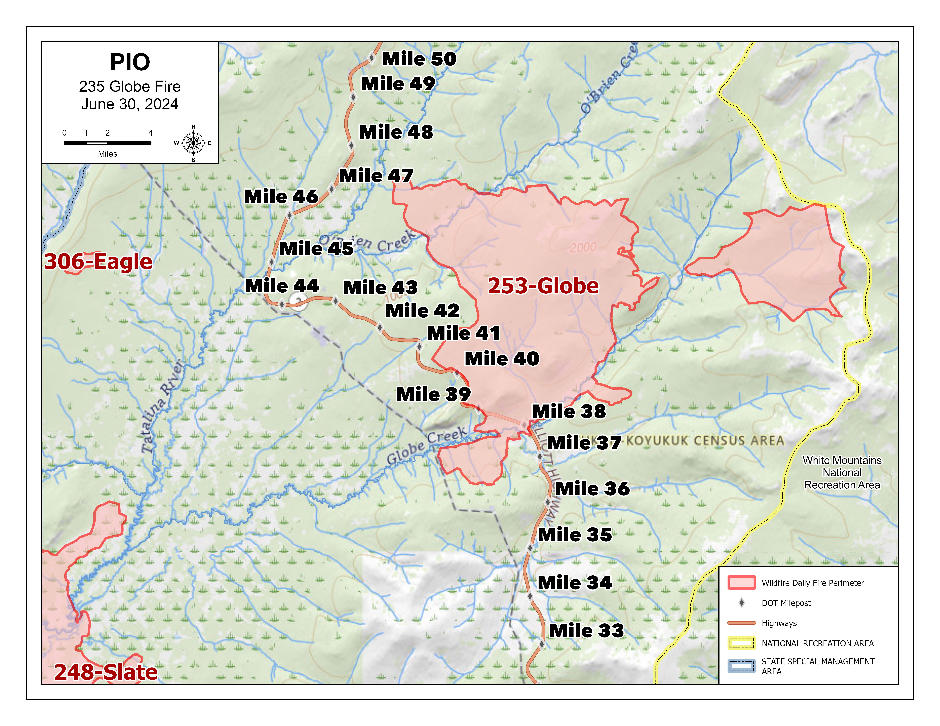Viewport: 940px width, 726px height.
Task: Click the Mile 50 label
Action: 419,59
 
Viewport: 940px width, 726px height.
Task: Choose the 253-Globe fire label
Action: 543,286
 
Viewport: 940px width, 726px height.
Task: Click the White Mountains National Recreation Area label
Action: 842,473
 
